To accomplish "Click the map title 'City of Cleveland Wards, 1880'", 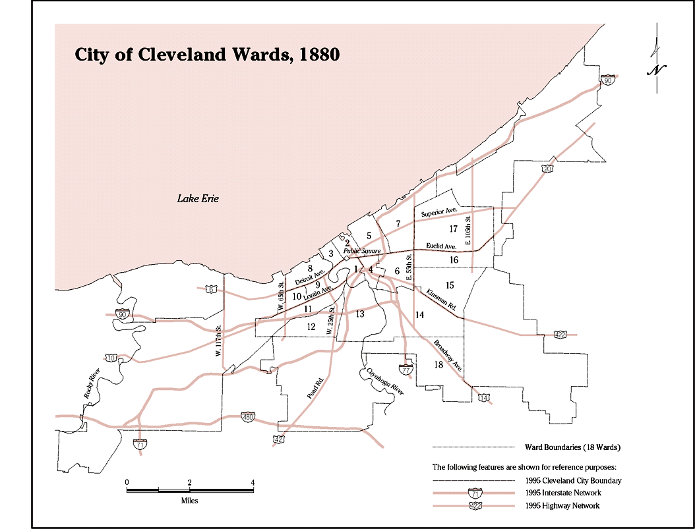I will click(x=207, y=55).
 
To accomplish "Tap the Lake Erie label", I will click(x=198, y=198).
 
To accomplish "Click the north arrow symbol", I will click(x=657, y=63).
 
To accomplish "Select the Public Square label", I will click(x=362, y=251).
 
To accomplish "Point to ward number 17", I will click(x=452, y=229).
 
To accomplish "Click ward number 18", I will click(x=438, y=365).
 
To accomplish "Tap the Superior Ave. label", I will click(x=439, y=213).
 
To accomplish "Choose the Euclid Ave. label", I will click(x=441, y=246).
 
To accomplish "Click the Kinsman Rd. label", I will click(x=441, y=300).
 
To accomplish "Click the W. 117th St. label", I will click(x=218, y=339).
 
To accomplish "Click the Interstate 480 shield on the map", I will click(x=248, y=417).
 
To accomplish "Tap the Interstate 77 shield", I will click(x=406, y=370).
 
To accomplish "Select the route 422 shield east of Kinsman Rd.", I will click(x=560, y=335).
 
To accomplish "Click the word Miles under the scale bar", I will click(x=189, y=501).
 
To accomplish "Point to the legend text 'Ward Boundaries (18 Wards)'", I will click(x=572, y=448).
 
